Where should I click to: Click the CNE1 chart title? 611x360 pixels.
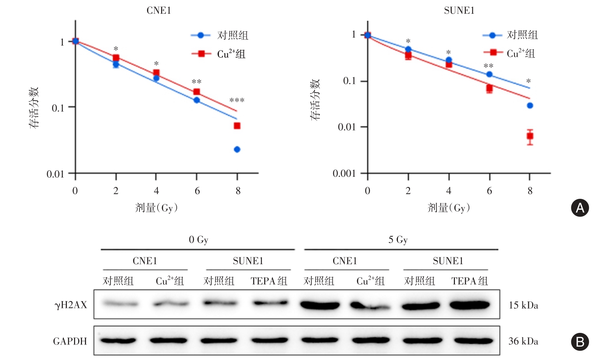pos(159,10)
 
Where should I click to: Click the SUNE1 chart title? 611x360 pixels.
pos(459,10)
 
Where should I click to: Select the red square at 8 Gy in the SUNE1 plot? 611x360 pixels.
pos(530,136)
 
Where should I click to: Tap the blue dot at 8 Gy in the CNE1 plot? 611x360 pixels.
pos(237,149)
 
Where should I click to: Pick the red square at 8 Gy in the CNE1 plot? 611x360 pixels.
pos(237,126)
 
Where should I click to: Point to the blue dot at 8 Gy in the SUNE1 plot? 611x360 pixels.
pos(530,106)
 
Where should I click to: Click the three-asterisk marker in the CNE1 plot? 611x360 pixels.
pos(237,100)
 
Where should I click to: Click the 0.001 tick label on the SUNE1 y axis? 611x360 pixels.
pos(344,173)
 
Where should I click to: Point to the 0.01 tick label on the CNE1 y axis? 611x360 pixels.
pos(55,174)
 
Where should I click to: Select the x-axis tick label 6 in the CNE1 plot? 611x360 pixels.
pos(197,191)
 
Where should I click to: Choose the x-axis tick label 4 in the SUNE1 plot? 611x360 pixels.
pos(449,191)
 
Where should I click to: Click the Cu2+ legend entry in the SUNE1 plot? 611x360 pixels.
pos(521,53)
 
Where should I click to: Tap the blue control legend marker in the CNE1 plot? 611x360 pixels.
pos(201,35)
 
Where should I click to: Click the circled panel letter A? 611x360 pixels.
pos(580,208)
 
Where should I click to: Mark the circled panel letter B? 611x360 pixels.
pos(580,342)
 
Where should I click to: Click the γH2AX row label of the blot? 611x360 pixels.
pos(71,305)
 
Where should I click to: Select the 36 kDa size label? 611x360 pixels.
pos(523,341)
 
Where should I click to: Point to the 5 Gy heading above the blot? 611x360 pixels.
pos(398,240)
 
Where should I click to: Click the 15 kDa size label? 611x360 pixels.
pos(523,305)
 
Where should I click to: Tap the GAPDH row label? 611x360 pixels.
pos(70,341)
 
